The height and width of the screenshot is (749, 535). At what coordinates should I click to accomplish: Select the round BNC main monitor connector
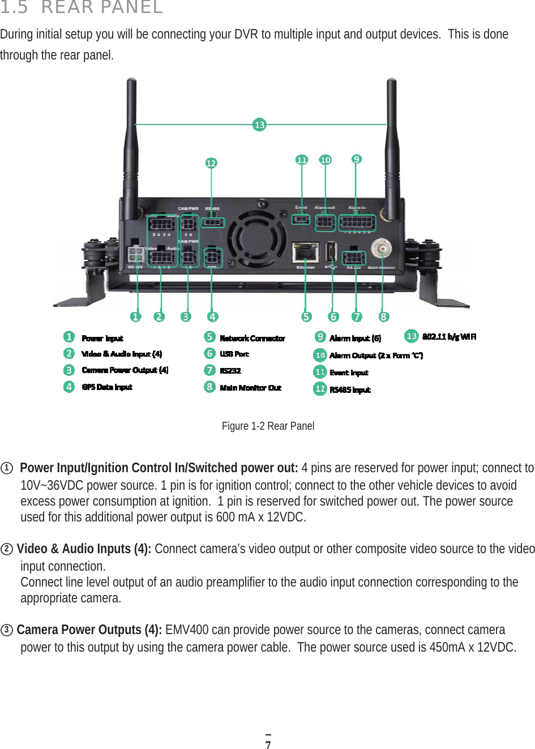click(x=382, y=249)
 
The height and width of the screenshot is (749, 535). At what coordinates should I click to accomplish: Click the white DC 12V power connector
click(x=136, y=253)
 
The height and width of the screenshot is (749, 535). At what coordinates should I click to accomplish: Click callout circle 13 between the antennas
click(x=259, y=125)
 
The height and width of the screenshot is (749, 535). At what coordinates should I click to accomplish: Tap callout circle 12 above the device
click(x=211, y=163)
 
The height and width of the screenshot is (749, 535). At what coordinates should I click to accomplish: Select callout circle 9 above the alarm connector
click(x=356, y=159)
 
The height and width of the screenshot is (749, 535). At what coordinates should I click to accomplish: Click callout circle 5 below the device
click(x=306, y=316)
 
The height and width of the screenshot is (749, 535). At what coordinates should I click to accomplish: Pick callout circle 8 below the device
click(x=384, y=316)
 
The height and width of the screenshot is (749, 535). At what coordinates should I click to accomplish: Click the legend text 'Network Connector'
click(x=252, y=338)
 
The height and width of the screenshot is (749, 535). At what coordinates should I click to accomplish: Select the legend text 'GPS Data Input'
click(x=106, y=387)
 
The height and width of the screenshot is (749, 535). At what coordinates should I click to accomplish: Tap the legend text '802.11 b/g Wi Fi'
click(x=449, y=336)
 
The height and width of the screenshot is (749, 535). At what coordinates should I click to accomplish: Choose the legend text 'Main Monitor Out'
click(x=250, y=387)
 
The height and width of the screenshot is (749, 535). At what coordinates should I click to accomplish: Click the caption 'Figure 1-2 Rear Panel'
click(x=268, y=426)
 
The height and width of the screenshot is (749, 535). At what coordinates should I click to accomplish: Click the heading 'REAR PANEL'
click(x=102, y=7)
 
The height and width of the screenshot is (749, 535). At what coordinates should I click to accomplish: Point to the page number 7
click(x=268, y=744)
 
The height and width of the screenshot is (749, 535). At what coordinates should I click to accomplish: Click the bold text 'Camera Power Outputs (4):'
click(x=89, y=630)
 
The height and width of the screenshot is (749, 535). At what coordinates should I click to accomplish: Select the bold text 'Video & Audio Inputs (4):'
click(x=83, y=549)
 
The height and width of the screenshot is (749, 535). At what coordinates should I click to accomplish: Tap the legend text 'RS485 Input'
click(x=350, y=390)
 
